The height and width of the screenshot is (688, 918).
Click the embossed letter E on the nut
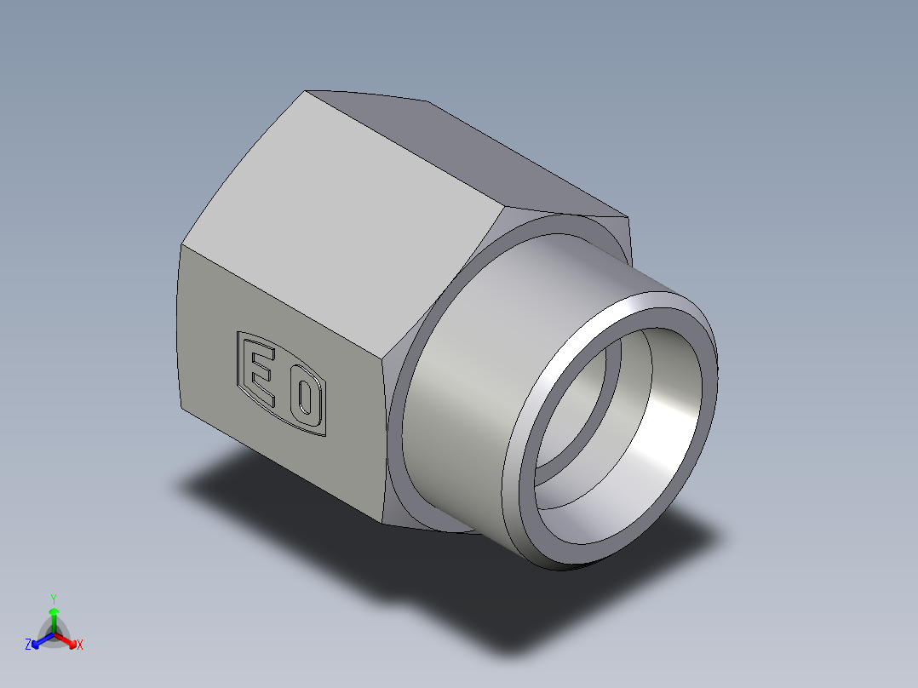click(x=261, y=373)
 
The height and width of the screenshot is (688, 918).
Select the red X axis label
click(x=80, y=645)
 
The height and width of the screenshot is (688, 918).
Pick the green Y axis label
click(x=54, y=599)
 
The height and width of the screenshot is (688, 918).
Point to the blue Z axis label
click(x=28, y=645)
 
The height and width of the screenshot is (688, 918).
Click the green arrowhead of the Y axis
click(x=54, y=611)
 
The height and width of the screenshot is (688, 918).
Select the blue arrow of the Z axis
click(x=39, y=641)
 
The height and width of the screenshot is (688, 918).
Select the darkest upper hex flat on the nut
click(x=477, y=162)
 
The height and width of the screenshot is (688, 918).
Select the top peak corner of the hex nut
click(x=307, y=91)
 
